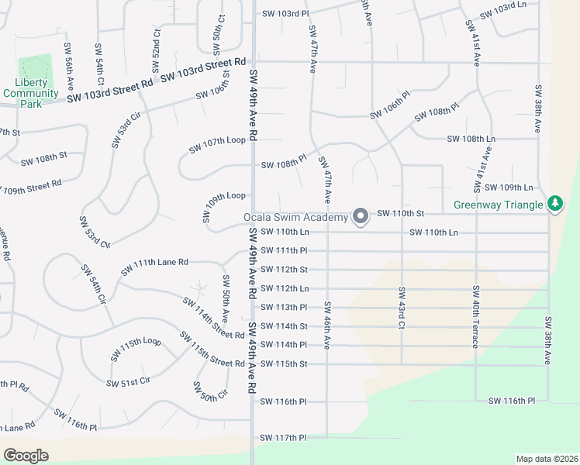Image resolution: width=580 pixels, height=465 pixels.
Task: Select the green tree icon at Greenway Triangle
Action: coord(554,205)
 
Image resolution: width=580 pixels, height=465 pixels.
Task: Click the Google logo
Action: coord(26,455)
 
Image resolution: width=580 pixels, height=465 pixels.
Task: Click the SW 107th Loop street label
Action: coord(217,140)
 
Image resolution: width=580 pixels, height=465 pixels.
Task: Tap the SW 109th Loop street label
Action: coord(225,196)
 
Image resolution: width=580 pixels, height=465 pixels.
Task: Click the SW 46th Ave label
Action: coord(327,324)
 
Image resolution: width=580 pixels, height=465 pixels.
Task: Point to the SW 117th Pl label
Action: coord(284,438)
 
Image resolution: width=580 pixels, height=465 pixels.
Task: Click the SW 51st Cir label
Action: coord(128,382)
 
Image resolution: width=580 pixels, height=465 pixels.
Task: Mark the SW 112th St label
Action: coord(284,270)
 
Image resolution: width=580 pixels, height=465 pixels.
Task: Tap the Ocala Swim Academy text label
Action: coord(296,218)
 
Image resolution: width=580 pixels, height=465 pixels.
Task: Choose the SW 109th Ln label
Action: coord(509,188)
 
